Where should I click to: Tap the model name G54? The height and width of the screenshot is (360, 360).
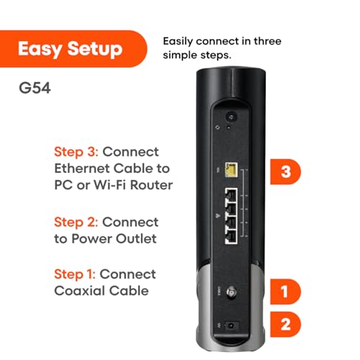pyautogui.click(x=33, y=92)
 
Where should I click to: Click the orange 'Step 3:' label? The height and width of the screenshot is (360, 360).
pyautogui.click(x=76, y=153)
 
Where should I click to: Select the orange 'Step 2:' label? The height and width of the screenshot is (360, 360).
pyautogui.click(x=76, y=222)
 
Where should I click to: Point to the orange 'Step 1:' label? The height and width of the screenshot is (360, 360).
pyautogui.click(x=75, y=274)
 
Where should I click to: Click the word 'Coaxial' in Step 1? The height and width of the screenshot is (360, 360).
pyautogui.click(x=81, y=291)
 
